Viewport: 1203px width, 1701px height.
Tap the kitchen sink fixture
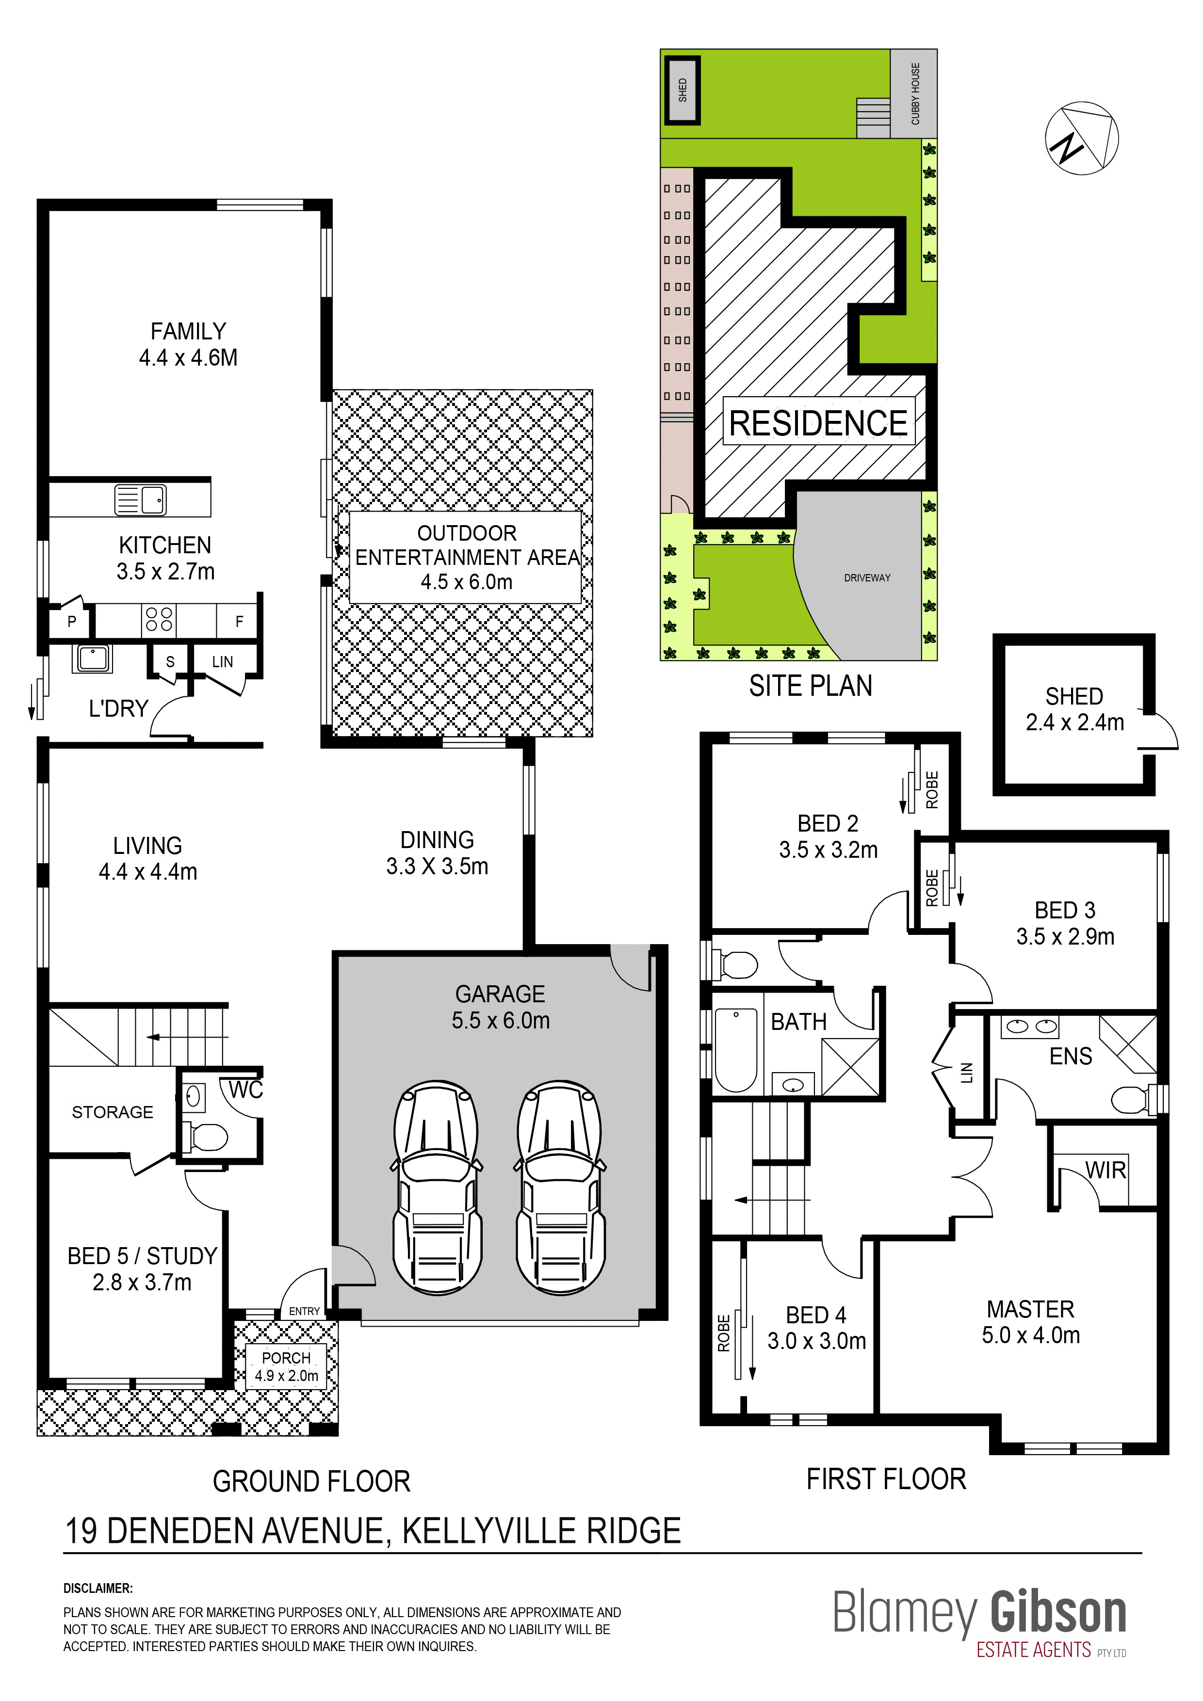tap(141, 499)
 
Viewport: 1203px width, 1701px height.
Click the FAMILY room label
tap(188, 331)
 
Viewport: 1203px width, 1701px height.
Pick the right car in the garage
tap(560, 1188)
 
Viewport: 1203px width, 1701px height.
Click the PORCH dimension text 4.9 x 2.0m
tap(287, 1376)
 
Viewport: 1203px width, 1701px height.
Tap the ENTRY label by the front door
tap(305, 1311)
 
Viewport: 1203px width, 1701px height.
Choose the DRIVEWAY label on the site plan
tap(867, 578)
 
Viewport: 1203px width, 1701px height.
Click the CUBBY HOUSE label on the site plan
tap(915, 94)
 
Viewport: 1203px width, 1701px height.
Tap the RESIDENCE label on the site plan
tap(818, 423)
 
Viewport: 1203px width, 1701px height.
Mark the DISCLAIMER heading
tap(98, 1589)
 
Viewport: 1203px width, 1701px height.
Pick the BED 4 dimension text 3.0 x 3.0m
tap(817, 1341)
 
